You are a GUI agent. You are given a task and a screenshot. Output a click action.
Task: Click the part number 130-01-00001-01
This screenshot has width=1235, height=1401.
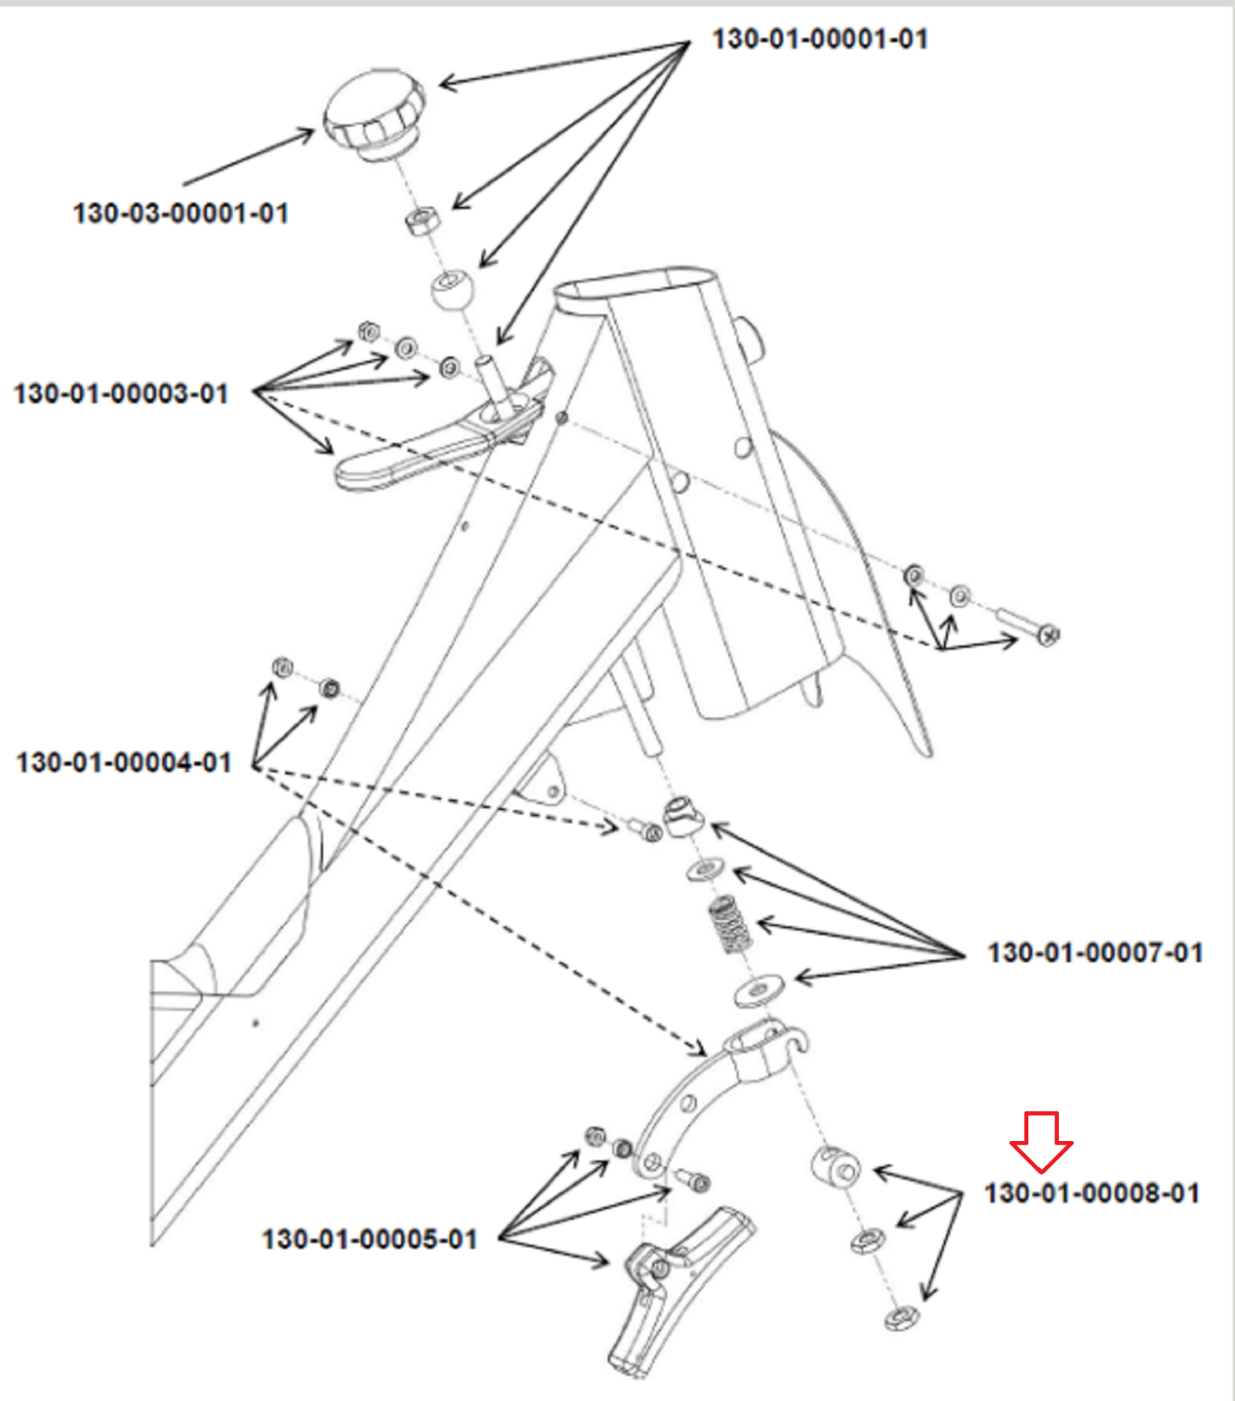(819, 39)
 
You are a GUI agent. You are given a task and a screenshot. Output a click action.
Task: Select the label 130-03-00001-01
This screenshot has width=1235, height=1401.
(180, 213)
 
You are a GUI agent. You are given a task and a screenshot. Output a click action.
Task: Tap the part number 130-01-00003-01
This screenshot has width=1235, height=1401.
(121, 393)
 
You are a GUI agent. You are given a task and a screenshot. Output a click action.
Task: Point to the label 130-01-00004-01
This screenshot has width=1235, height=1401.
(123, 763)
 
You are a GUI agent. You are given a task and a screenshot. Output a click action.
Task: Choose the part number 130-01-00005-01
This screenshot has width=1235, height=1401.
(370, 1239)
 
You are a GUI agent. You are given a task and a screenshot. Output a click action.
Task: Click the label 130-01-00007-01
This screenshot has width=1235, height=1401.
(1095, 952)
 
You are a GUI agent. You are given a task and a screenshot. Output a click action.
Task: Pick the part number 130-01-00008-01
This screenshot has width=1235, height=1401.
(1091, 1193)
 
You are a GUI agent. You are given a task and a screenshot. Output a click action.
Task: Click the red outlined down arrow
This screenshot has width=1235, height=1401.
(1041, 1141)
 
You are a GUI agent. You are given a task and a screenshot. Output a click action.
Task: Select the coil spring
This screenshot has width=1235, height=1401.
(730, 925)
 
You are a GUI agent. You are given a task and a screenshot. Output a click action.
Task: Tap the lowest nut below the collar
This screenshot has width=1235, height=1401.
(900, 1316)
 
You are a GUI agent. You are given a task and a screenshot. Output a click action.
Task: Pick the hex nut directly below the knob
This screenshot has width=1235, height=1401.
(422, 220)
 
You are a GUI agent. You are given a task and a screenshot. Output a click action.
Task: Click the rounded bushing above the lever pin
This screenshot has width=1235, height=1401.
(452, 289)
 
